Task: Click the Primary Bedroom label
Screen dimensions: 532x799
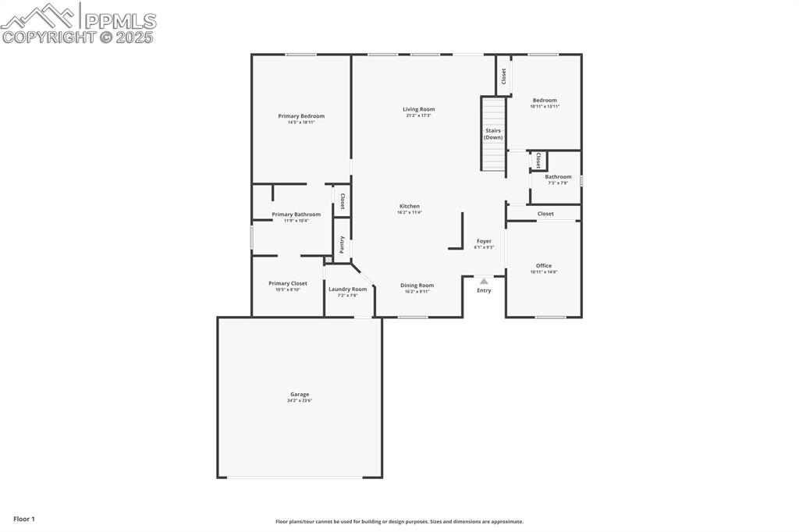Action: click(x=301, y=116)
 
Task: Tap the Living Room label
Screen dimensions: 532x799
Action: click(x=419, y=109)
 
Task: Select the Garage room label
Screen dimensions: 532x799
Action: click(x=300, y=395)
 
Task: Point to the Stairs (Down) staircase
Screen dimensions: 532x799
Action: click(x=493, y=134)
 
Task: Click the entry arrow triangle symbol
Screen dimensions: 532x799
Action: click(x=484, y=281)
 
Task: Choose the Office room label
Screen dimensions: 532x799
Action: click(x=544, y=266)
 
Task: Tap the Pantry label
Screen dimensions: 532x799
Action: click(x=342, y=244)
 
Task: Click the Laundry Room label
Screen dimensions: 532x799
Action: click(x=347, y=289)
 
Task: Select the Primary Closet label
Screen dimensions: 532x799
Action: click(x=288, y=284)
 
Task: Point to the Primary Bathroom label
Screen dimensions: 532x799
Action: click(x=296, y=215)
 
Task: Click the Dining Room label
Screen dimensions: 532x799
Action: click(x=417, y=286)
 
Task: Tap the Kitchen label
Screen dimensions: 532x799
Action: click(x=410, y=207)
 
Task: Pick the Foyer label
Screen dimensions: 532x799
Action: click(x=485, y=242)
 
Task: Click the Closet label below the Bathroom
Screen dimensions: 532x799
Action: click(x=545, y=214)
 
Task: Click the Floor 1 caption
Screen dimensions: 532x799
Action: click(x=24, y=519)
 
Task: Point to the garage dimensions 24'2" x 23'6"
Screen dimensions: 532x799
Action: click(x=300, y=401)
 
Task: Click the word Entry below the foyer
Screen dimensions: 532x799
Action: click(x=485, y=291)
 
